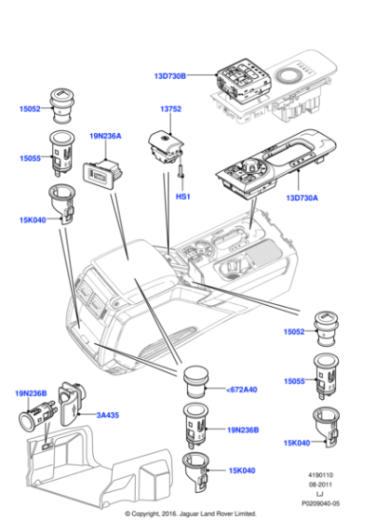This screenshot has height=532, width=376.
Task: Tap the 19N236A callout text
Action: [105, 136]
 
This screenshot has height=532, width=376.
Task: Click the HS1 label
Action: [183, 197]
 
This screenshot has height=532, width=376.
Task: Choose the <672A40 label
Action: [241, 389]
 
